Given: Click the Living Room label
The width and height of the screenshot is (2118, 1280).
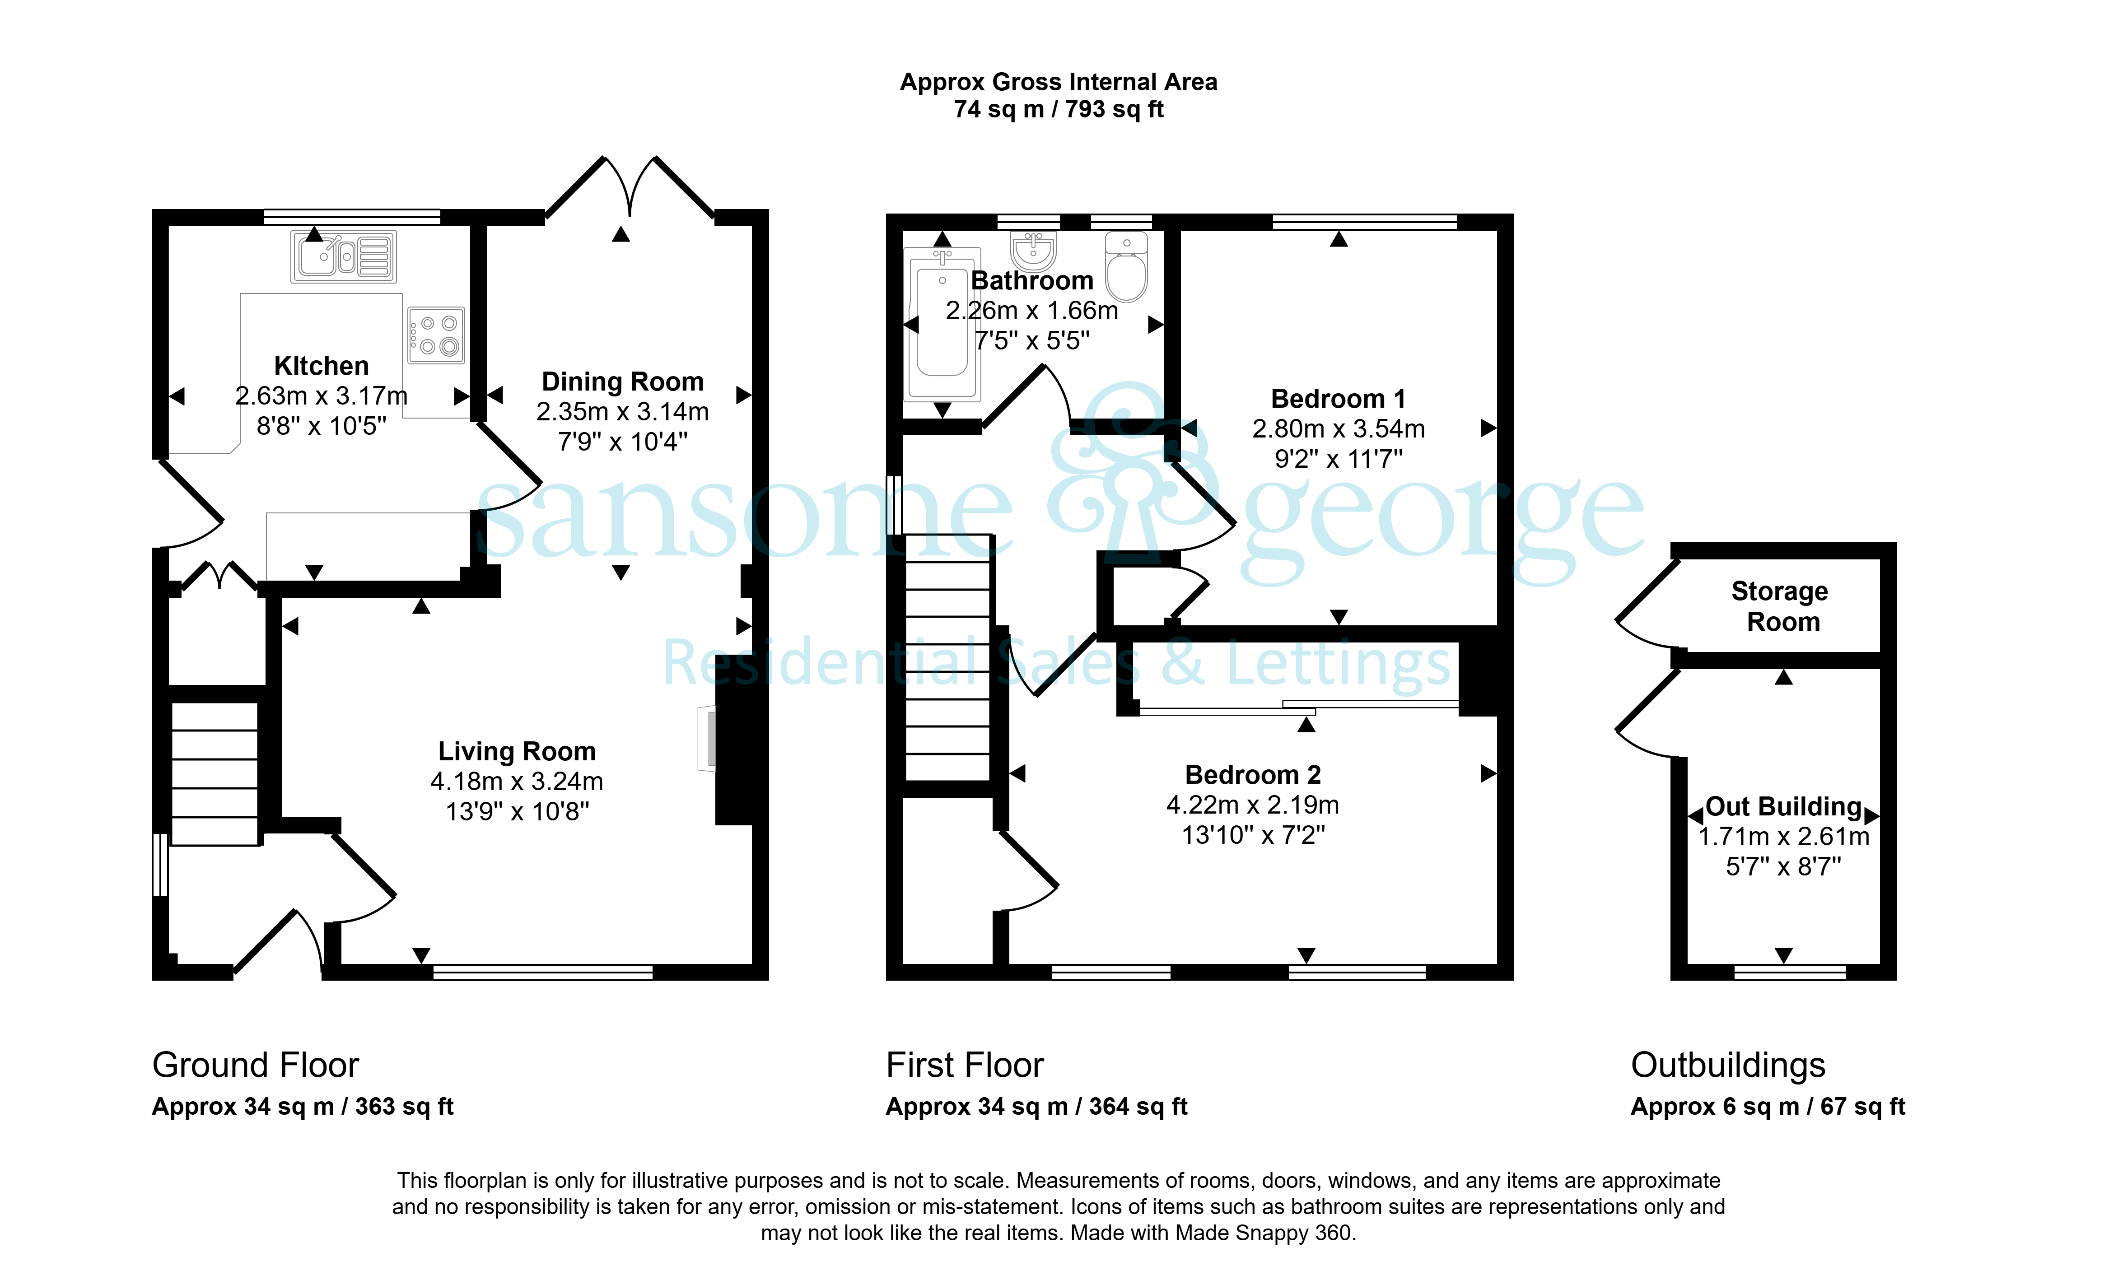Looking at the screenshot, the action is click(517, 751).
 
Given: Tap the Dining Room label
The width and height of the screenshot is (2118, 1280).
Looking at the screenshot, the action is click(622, 382).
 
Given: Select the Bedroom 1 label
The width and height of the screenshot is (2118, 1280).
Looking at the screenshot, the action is click(1339, 399).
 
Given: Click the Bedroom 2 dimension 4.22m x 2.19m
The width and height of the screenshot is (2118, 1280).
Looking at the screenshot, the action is click(1252, 805).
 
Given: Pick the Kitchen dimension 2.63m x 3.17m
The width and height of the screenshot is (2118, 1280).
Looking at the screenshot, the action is click(322, 396).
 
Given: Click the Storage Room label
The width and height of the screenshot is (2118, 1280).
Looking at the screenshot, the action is click(1780, 606).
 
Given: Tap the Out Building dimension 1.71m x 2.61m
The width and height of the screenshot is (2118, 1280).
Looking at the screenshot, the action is click(1784, 837).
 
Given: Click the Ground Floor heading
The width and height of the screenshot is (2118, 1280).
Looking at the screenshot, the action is click(255, 1065).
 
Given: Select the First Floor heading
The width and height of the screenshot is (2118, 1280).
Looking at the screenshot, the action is click(965, 1065).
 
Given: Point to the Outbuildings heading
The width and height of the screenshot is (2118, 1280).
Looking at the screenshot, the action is click(1728, 1065).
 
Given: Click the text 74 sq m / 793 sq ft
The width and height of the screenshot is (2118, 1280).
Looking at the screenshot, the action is click(1058, 109).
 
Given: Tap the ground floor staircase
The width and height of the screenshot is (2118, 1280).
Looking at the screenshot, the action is click(215, 774).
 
